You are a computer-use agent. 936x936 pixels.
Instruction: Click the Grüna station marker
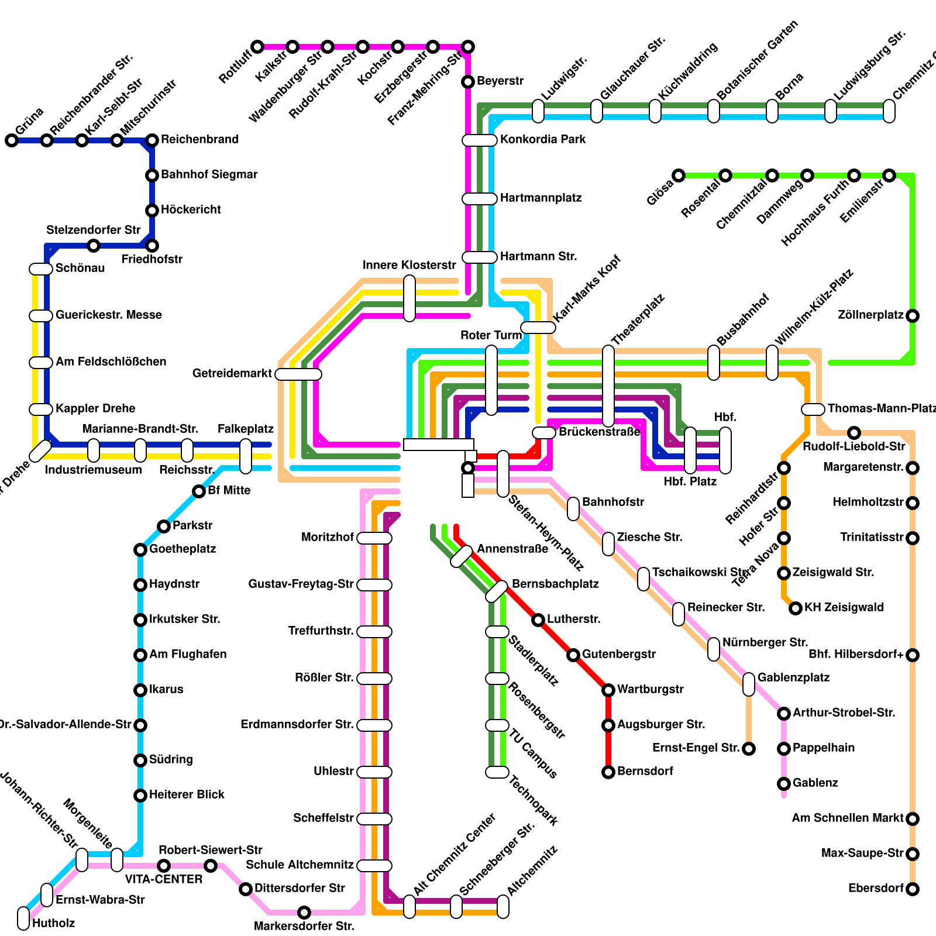pyautogui.click(x=12, y=140)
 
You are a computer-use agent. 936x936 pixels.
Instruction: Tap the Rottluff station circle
pyautogui.click(x=257, y=47)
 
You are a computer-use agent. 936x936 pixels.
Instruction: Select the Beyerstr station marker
pyautogui.click(x=468, y=82)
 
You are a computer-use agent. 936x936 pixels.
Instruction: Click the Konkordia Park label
pyautogui.click(x=542, y=139)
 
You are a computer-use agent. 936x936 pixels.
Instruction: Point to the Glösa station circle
pyautogui.click(x=679, y=175)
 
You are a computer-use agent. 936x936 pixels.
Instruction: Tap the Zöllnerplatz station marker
pyautogui.click(x=913, y=316)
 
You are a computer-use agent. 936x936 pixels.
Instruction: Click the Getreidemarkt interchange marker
pyautogui.click(x=298, y=374)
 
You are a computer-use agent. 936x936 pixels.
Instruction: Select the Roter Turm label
pyautogui.click(x=491, y=335)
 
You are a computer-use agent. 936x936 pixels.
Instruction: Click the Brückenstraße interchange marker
pyautogui.click(x=544, y=433)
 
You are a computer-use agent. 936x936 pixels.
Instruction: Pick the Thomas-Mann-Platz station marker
pyautogui.click(x=813, y=409)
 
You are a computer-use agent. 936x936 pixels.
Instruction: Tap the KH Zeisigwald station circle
pyautogui.click(x=796, y=608)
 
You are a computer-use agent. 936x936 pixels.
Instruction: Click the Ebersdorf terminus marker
pyautogui.click(x=913, y=889)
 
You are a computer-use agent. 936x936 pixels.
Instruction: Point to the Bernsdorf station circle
pyautogui.click(x=608, y=772)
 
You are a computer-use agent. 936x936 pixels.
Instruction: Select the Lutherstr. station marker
pyautogui.click(x=538, y=620)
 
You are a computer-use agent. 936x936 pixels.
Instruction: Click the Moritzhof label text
pyautogui.click(x=327, y=537)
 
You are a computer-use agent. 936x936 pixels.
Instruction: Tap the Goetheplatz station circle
pyautogui.click(x=140, y=550)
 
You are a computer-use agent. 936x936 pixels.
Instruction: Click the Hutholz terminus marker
pyautogui.click(x=23, y=918)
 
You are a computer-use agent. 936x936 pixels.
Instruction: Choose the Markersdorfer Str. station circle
pyautogui.click(x=304, y=913)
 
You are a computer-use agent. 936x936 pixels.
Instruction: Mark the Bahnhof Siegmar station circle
pyautogui.click(x=152, y=175)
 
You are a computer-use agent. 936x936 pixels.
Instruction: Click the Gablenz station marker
pyautogui.click(x=784, y=784)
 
